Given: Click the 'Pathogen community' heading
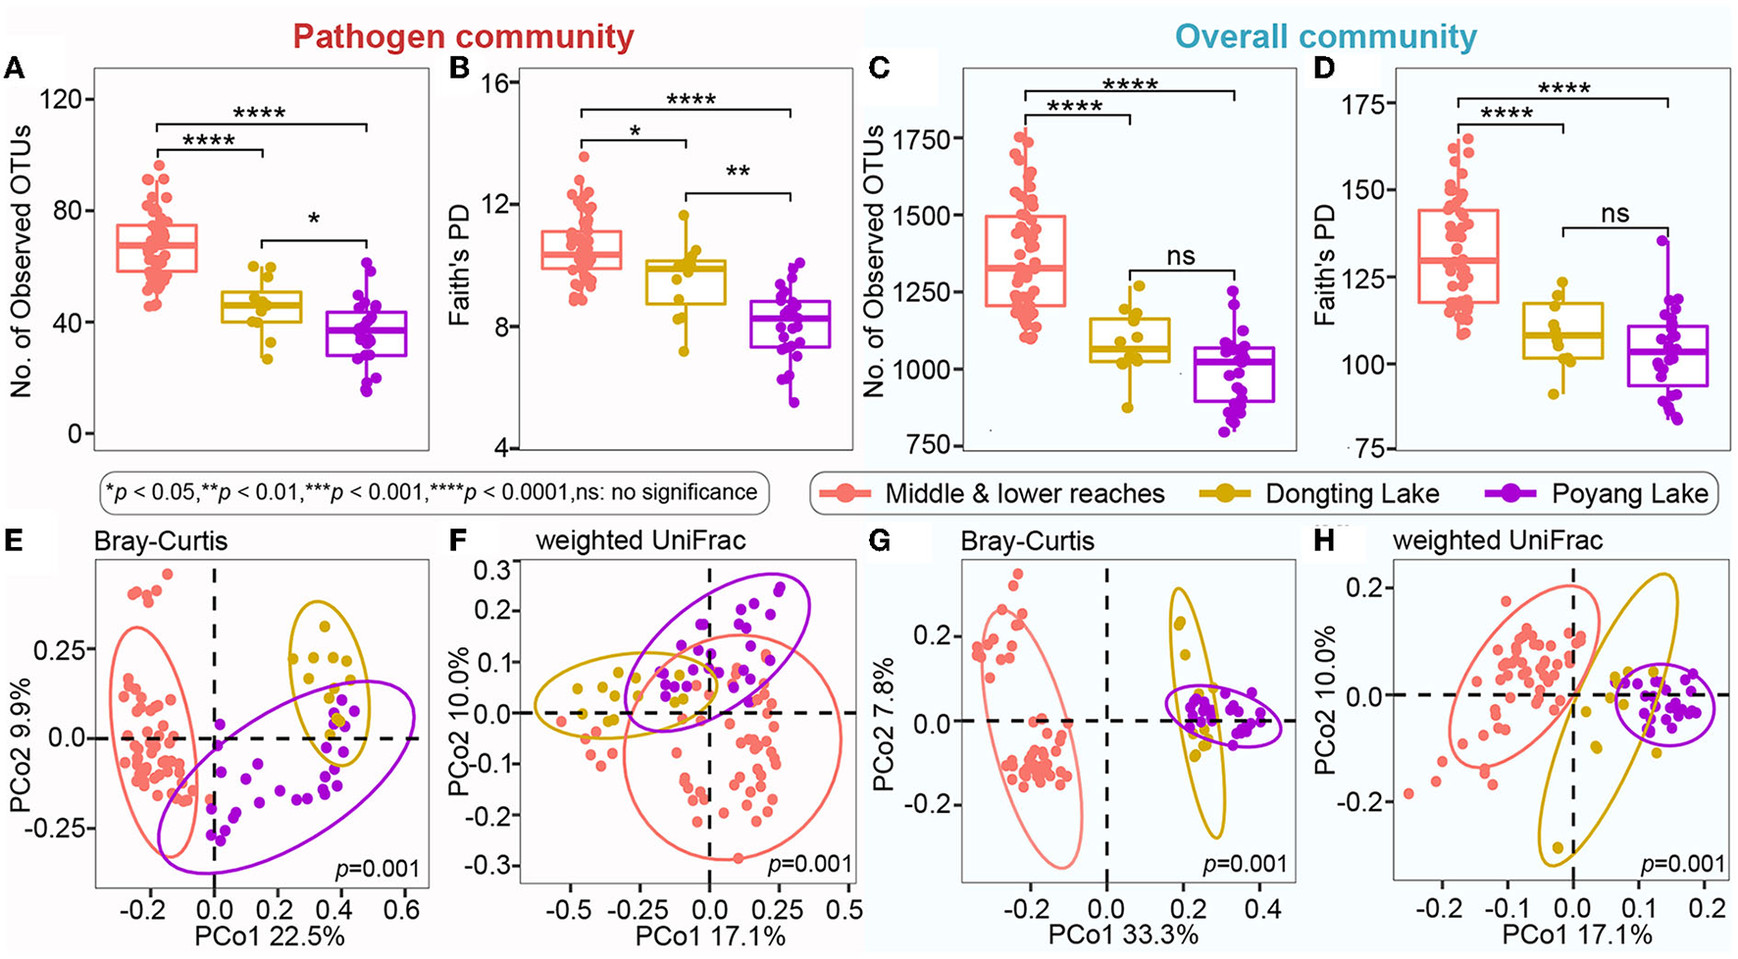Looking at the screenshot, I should tap(463, 37).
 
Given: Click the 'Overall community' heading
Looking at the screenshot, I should tap(1326, 37).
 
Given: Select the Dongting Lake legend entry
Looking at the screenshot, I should tap(1352, 493).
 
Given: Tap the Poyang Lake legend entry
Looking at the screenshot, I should tap(1629, 493).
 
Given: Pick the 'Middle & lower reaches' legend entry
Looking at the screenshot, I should tap(1024, 493).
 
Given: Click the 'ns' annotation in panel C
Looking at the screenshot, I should tap(1181, 257).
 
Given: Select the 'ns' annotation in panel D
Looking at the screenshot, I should tap(1614, 214).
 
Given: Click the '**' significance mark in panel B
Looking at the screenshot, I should tap(738, 174).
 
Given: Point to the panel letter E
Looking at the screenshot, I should tap(14, 539).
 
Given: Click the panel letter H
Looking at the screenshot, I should tap(1326, 539).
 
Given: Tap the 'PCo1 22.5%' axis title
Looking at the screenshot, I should tap(270, 936).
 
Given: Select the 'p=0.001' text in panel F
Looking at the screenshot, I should tap(810, 864).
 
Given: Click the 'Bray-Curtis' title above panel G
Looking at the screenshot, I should tap(1027, 541).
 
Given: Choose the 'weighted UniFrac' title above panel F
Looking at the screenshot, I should tap(640, 540).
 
